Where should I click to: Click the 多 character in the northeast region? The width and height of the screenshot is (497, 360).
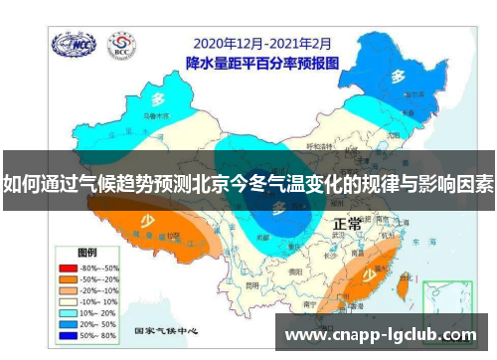(397, 76)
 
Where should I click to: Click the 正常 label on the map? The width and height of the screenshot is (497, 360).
(348, 224)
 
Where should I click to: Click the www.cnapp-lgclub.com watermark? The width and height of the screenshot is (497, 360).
(381, 335)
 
